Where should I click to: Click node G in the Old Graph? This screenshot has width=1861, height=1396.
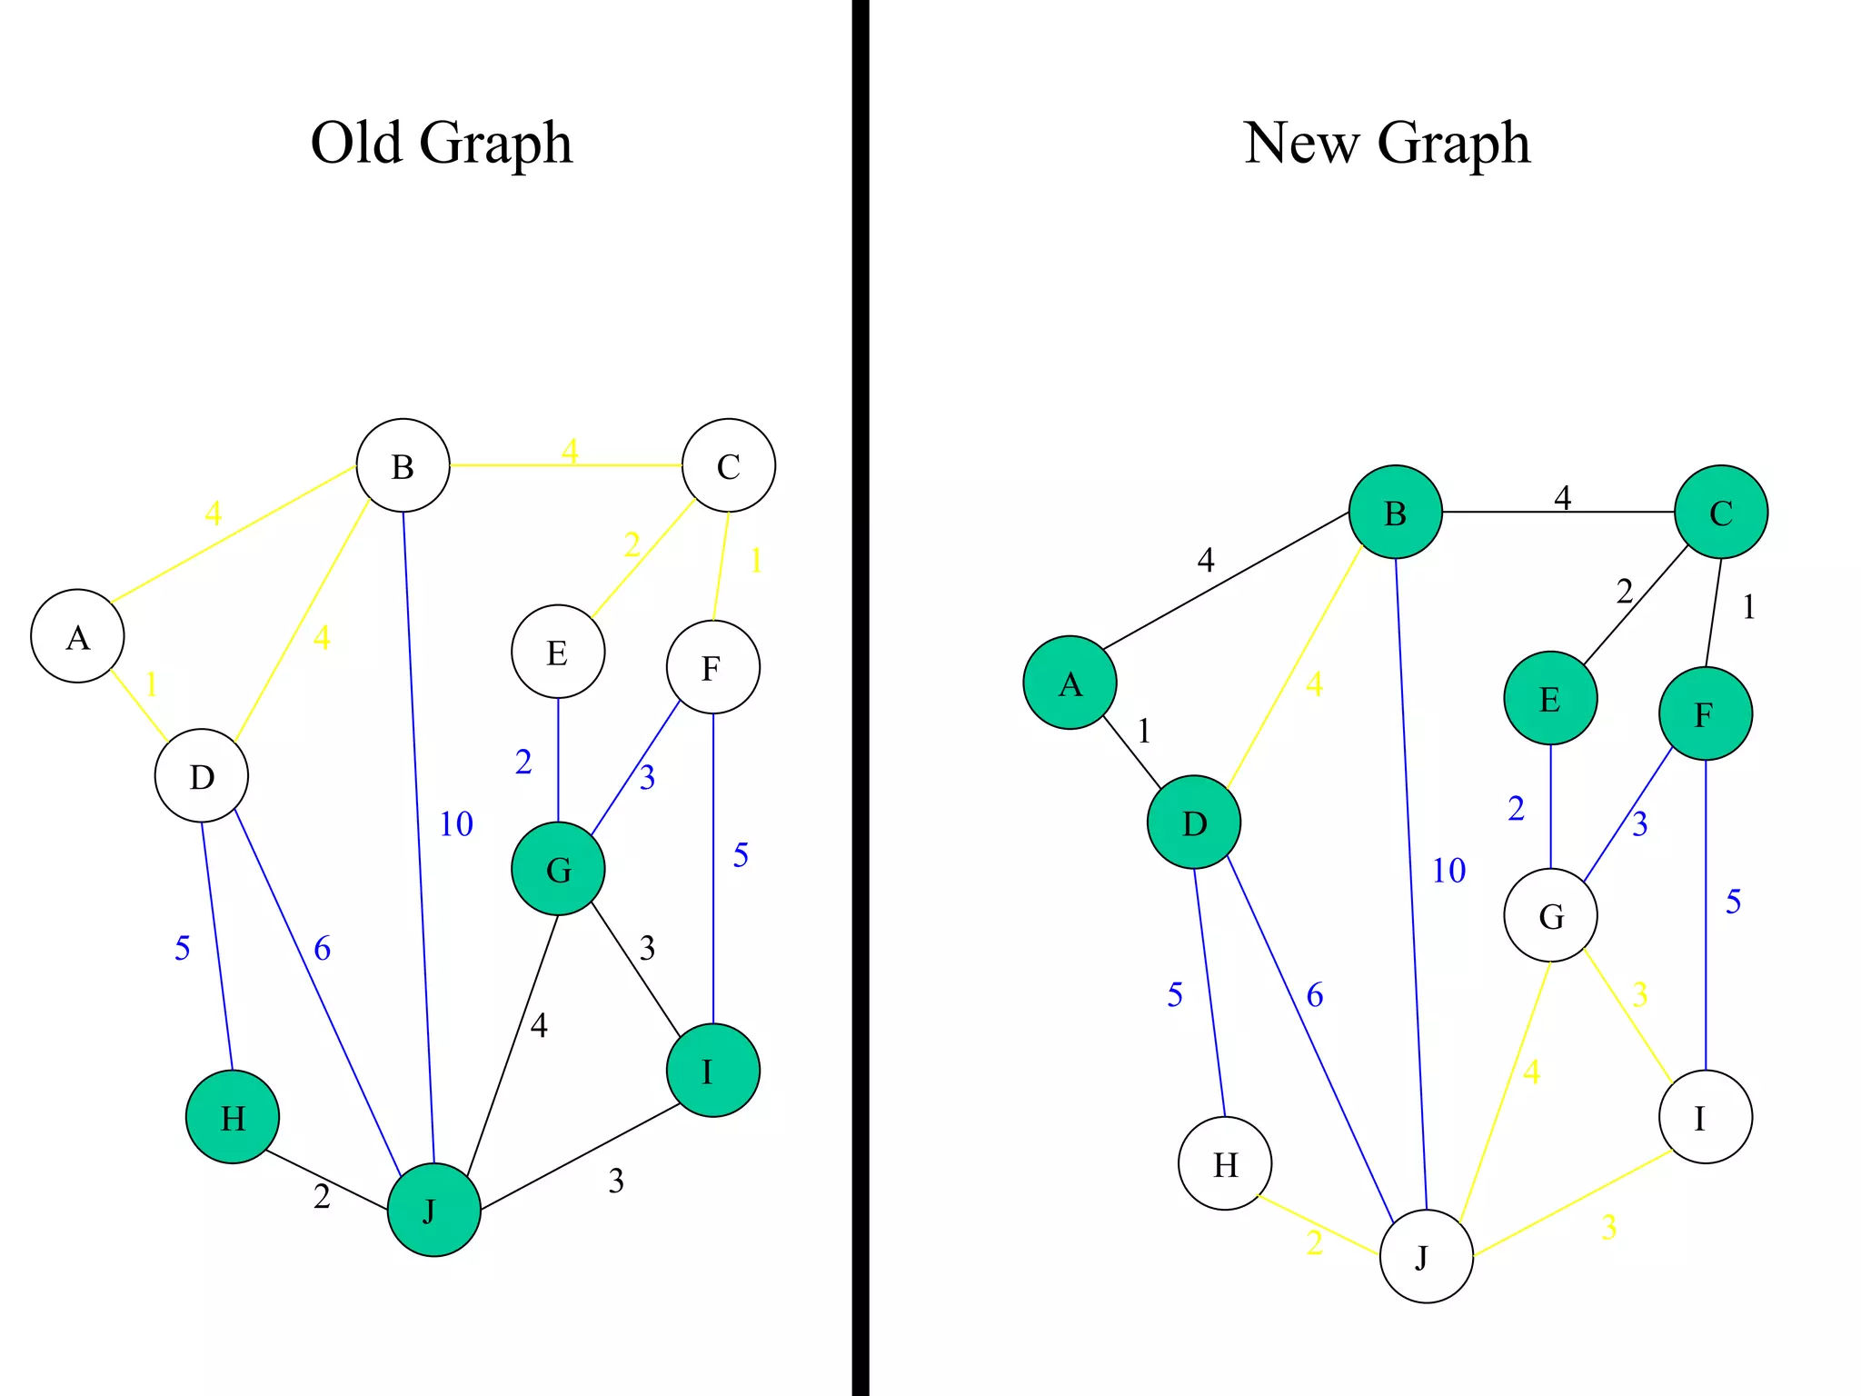pyautogui.click(x=558, y=869)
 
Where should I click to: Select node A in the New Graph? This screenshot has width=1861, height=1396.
pyautogui.click(x=1070, y=683)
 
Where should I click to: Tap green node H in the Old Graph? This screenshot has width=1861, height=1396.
pyautogui.click(x=233, y=1117)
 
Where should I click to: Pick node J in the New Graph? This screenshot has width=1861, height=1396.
pyautogui.click(x=1426, y=1257)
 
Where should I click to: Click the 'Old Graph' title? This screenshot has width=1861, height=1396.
pyautogui.click(x=442, y=143)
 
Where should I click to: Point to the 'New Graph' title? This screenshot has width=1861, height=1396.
pyautogui.click(x=1387, y=143)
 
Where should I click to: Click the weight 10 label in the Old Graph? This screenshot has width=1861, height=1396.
pyautogui.click(x=456, y=824)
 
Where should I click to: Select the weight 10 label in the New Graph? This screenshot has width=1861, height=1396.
pyautogui.click(x=1449, y=871)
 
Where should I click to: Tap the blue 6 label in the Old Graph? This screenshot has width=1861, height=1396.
pyautogui.click(x=323, y=949)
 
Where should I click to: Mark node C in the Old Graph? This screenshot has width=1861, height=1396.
pyautogui.click(x=729, y=465)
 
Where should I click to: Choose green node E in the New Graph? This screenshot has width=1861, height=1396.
pyautogui.click(x=1550, y=698)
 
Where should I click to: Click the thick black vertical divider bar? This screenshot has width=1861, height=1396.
pyautogui.click(x=861, y=698)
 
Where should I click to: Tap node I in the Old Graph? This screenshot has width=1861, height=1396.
pyautogui.click(x=712, y=1071)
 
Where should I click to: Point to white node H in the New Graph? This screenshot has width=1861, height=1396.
pyautogui.click(x=1225, y=1163)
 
